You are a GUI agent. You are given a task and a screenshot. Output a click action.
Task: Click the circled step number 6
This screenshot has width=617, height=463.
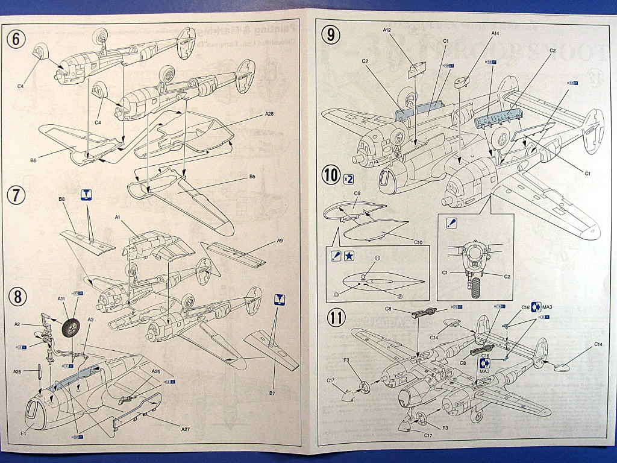tap(16, 39)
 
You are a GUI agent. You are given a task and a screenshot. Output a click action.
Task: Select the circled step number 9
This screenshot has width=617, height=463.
tap(330, 34)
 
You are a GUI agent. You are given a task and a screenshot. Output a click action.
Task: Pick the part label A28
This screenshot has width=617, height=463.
tap(269, 115)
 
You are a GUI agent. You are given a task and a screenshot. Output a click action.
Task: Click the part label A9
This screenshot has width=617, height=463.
tap(280, 241)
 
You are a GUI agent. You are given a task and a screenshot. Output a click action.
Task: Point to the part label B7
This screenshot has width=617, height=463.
tap(272, 392)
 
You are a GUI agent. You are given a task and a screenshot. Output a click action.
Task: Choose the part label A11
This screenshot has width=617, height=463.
tap(61, 298)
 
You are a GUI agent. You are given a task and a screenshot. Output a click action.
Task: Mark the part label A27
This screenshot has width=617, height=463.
tap(187, 429)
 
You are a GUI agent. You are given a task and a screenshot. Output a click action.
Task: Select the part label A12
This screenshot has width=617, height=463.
tap(387, 30)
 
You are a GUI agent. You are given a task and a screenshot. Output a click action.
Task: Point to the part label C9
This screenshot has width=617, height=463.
tap(357, 194)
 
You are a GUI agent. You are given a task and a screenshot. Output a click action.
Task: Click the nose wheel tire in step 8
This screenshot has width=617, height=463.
tap(72, 329)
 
